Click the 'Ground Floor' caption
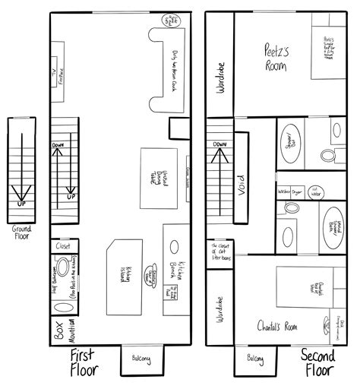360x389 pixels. click(21, 231)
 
